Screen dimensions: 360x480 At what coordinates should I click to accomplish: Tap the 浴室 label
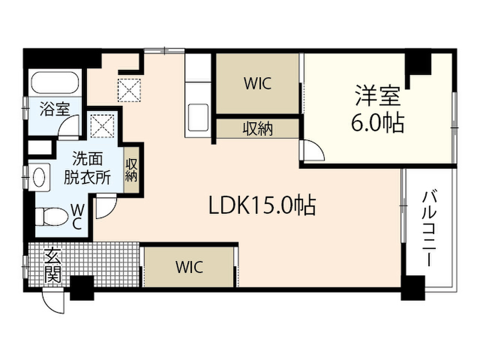point(55,110)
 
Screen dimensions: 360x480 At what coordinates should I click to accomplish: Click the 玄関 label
point(52,266)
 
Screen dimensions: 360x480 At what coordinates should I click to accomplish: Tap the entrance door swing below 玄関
point(54,302)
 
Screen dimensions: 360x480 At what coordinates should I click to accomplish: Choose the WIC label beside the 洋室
point(257,83)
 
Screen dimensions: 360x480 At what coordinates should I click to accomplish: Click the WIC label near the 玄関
point(189,267)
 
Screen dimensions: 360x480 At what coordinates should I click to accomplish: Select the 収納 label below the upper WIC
point(257,129)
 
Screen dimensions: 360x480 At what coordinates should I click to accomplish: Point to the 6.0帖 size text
point(377,123)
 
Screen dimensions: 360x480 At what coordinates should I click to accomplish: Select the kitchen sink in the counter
point(197,117)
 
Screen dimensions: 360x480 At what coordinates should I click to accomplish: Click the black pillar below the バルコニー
point(413,288)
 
